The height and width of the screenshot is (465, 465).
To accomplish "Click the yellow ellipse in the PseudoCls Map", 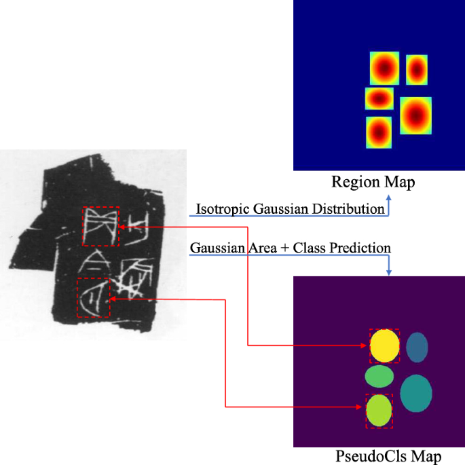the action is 384,345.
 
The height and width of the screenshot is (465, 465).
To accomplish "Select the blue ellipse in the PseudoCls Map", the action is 417,348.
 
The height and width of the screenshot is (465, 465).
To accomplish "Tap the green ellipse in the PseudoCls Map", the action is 379,375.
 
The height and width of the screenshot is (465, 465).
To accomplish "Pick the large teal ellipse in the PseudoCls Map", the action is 416,394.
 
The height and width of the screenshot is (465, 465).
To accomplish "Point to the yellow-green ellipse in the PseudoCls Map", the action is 379,410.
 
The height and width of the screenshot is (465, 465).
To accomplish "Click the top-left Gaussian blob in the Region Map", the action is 384,68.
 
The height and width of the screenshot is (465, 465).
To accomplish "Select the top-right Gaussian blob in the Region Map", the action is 416,69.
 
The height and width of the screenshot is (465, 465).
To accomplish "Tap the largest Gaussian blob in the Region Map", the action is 416,115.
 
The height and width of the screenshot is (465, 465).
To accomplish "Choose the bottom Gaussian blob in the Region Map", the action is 379,132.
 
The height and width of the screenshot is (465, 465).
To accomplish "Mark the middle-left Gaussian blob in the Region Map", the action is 379,98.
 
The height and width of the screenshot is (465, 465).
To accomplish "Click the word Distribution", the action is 349,209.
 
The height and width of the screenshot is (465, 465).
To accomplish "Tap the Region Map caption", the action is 373,182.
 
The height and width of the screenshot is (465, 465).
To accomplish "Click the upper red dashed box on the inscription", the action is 100,226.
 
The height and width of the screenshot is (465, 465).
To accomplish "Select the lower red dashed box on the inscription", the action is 93,297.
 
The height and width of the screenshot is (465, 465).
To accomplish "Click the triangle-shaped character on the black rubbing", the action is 93,262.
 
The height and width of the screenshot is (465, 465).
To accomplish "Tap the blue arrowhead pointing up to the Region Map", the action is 389,198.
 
